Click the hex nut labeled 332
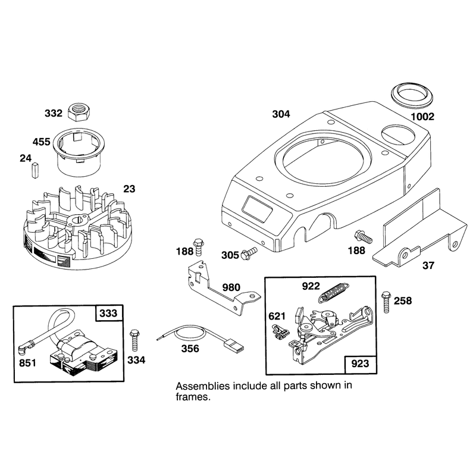click(79, 112)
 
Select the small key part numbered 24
click(35, 170)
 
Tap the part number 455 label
click(41, 142)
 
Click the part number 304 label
click(281, 114)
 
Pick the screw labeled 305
click(249, 253)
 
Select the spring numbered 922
click(334, 292)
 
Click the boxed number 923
click(360, 364)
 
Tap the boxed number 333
click(109, 313)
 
